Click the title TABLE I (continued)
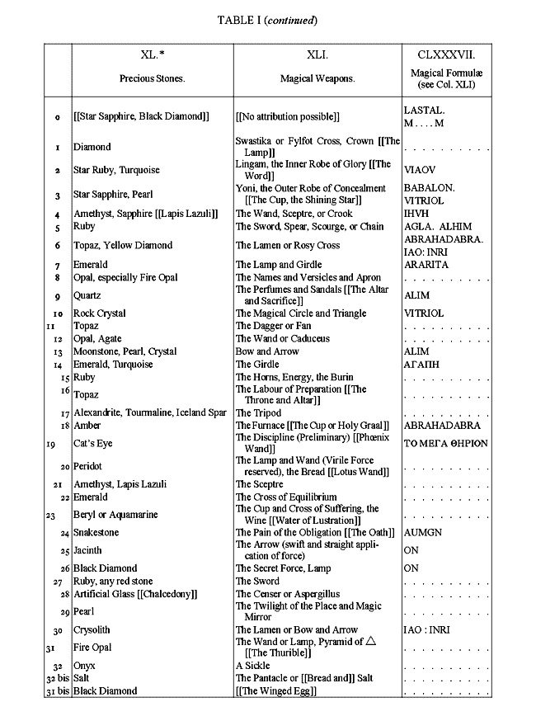point(266,19)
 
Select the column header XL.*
point(153,55)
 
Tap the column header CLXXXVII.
point(446,55)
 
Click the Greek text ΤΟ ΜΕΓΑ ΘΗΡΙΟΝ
point(446,443)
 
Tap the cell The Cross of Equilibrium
point(286,497)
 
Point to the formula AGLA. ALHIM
point(438,226)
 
